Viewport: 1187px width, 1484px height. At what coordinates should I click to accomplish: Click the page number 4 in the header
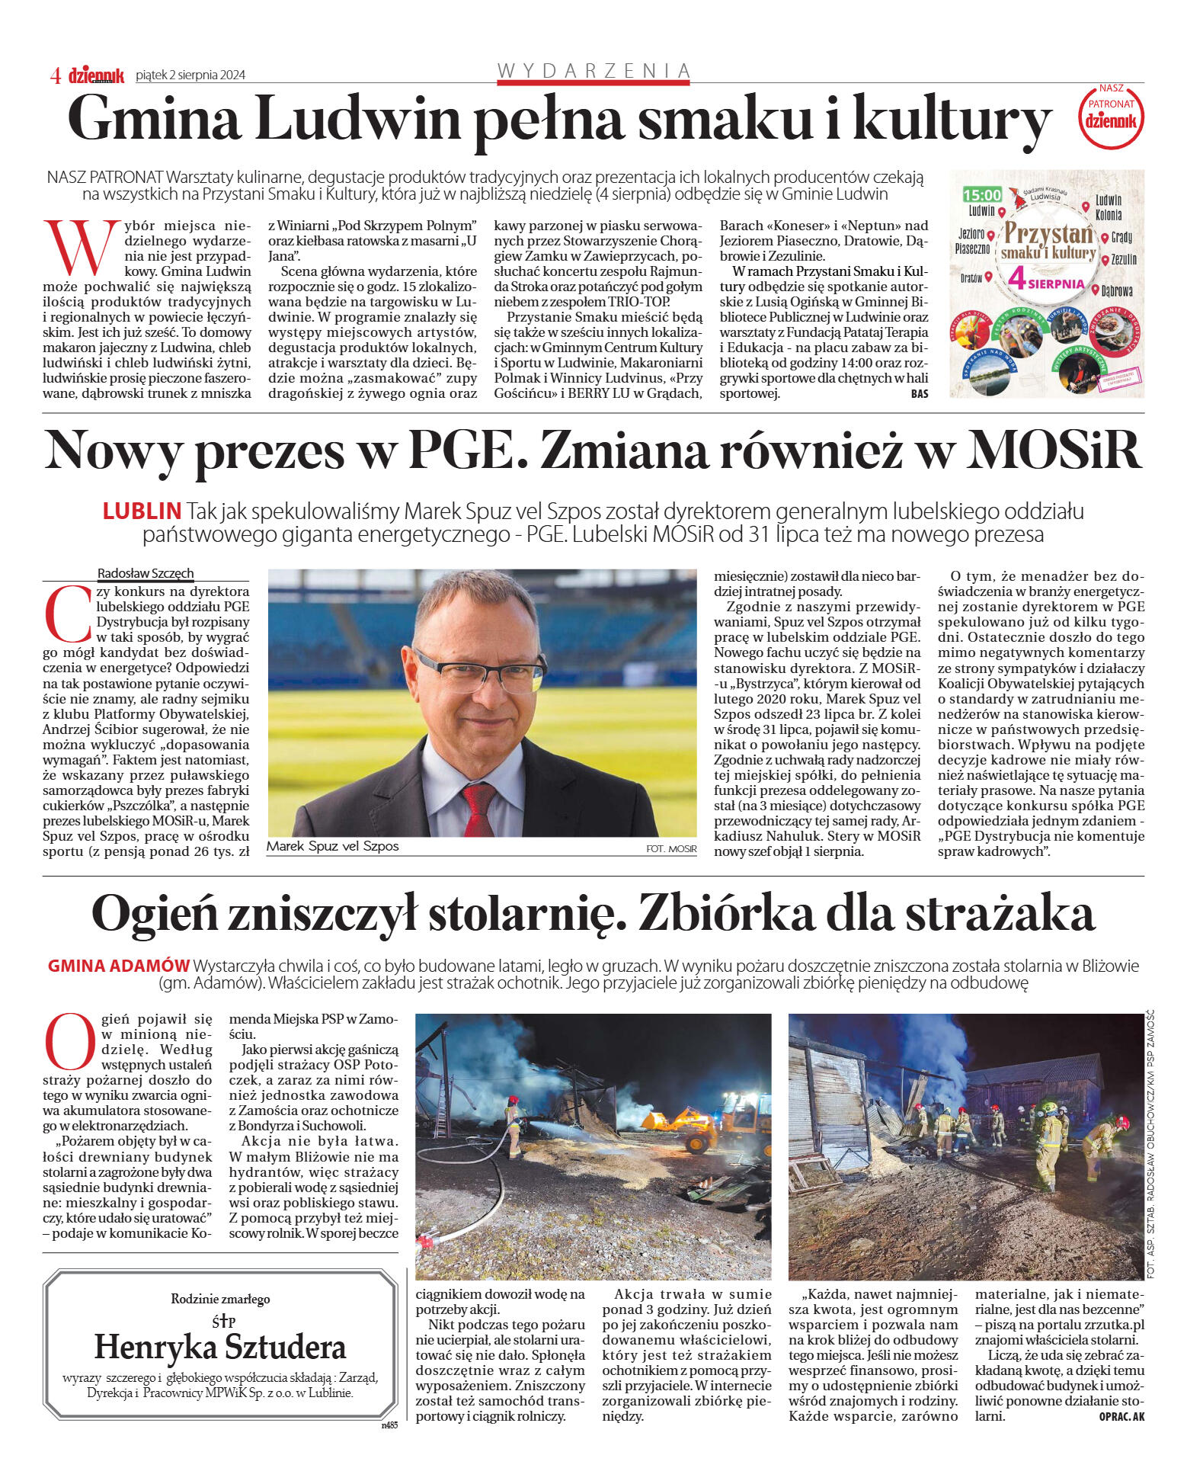(x=56, y=75)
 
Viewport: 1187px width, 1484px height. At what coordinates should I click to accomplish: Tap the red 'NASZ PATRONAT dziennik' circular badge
(x=1111, y=115)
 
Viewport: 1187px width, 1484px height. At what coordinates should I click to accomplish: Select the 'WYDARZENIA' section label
(x=593, y=71)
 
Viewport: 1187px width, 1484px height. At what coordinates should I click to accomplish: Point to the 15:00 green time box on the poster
(x=981, y=195)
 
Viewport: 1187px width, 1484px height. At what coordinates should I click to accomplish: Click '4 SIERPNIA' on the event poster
(x=1046, y=280)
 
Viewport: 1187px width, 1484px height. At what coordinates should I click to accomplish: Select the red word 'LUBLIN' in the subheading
(x=142, y=511)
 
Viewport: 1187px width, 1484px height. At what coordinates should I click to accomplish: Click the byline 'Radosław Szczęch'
(x=146, y=573)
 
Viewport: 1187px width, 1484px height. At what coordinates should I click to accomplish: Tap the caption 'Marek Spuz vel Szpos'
(x=333, y=846)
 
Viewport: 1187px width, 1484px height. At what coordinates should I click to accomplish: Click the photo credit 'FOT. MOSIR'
(x=670, y=848)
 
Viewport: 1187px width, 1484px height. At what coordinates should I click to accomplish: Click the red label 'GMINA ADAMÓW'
(x=118, y=966)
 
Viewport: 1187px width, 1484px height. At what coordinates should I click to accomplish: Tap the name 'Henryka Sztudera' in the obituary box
(x=220, y=1348)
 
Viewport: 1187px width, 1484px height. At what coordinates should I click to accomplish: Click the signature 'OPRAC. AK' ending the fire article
(x=1121, y=1416)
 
